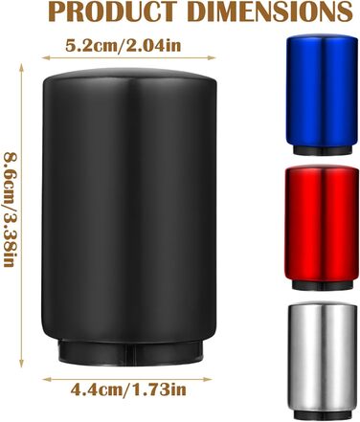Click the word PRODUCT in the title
[113, 11]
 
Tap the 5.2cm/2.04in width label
[124, 45]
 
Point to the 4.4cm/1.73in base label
[128, 389]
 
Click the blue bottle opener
[322, 95]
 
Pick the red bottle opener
[321, 228]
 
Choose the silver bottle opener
[323, 360]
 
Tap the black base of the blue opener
[322, 150]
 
